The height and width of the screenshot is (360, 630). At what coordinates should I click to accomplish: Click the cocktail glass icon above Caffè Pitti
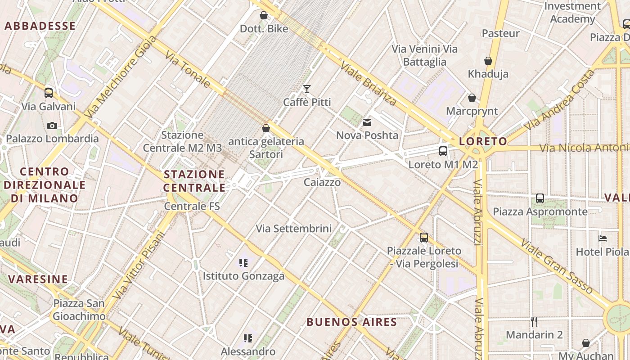click(307, 89)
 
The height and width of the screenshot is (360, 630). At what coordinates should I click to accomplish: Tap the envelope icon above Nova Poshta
click(367, 122)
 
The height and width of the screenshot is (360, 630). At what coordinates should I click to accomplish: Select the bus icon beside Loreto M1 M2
click(443, 151)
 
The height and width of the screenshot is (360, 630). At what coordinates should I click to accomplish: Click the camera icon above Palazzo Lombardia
click(52, 126)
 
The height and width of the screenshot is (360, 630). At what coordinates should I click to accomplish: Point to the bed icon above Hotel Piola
click(603, 238)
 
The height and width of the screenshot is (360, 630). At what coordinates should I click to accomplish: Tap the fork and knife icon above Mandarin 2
click(534, 321)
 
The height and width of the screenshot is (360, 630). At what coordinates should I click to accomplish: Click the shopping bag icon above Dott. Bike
click(264, 16)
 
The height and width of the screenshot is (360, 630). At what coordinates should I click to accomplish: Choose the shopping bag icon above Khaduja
click(488, 61)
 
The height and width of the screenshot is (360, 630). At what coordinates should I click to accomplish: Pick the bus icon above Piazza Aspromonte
click(540, 198)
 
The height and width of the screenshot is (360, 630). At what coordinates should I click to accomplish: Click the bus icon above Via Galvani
click(49, 93)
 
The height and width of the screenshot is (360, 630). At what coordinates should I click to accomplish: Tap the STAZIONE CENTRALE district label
click(194, 181)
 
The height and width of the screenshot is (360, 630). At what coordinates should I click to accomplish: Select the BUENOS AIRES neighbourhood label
click(352, 322)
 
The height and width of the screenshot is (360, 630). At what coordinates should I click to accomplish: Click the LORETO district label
click(483, 141)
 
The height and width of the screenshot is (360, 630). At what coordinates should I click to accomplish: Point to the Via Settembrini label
click(294, 229)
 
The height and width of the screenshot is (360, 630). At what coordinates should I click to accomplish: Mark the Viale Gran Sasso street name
click(557, 266)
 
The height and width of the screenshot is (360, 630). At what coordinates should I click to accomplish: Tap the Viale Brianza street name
click(368, 83)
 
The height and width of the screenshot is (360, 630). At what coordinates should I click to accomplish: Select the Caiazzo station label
click(322, 182)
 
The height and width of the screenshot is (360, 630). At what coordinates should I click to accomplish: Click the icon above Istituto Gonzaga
click(244, 262)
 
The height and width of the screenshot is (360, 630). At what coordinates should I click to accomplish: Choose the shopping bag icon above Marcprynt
click(472, 98)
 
